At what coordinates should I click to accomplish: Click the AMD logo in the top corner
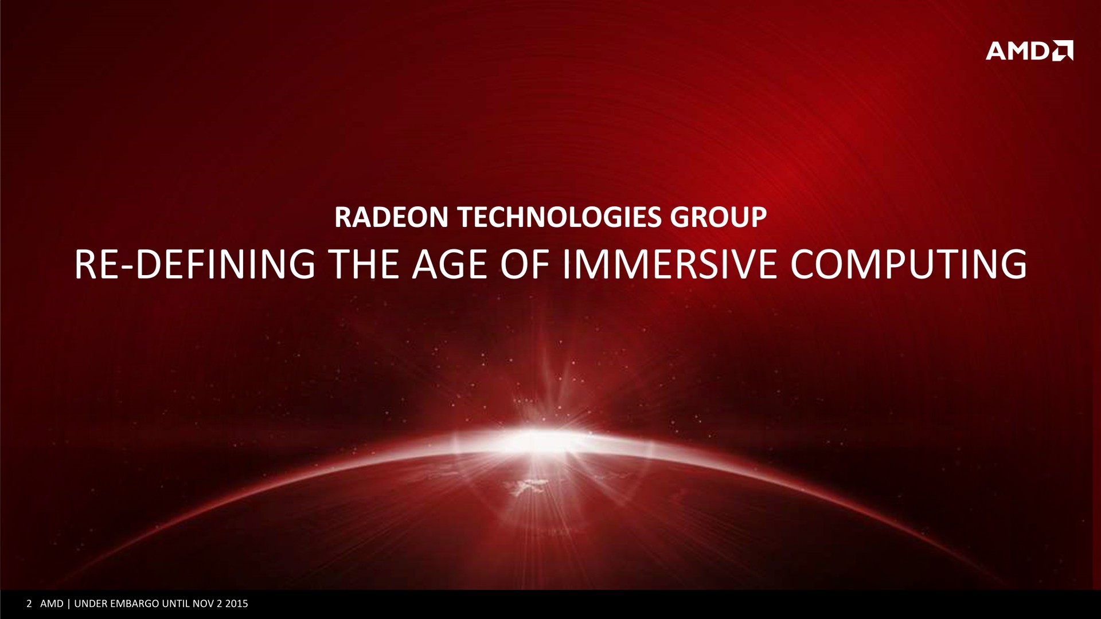1029,50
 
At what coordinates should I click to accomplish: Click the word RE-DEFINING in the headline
195,264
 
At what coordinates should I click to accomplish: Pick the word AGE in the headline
446,264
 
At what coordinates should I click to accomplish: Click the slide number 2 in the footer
29,604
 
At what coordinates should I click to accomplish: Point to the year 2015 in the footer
237,604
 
